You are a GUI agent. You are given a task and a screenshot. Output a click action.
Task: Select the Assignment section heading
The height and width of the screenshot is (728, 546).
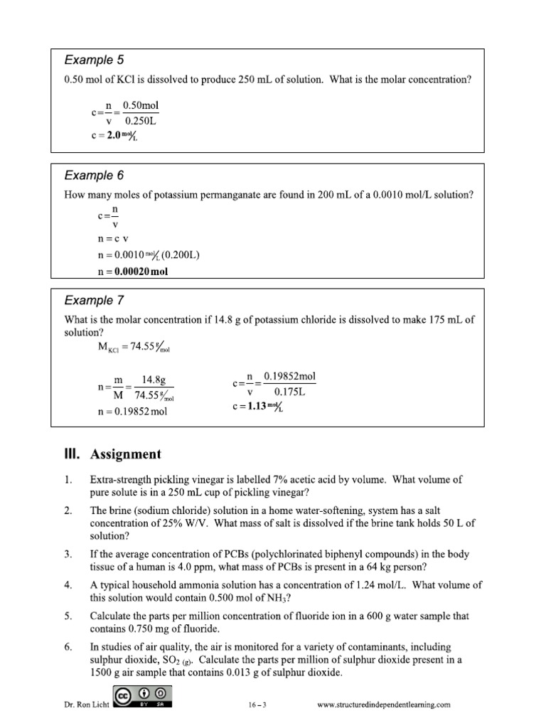(112, 454)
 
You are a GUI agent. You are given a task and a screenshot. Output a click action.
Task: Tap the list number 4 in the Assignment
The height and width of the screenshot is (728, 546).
(67, 585)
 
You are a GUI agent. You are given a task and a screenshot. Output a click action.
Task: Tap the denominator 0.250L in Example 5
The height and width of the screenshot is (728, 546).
(141, 119)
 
